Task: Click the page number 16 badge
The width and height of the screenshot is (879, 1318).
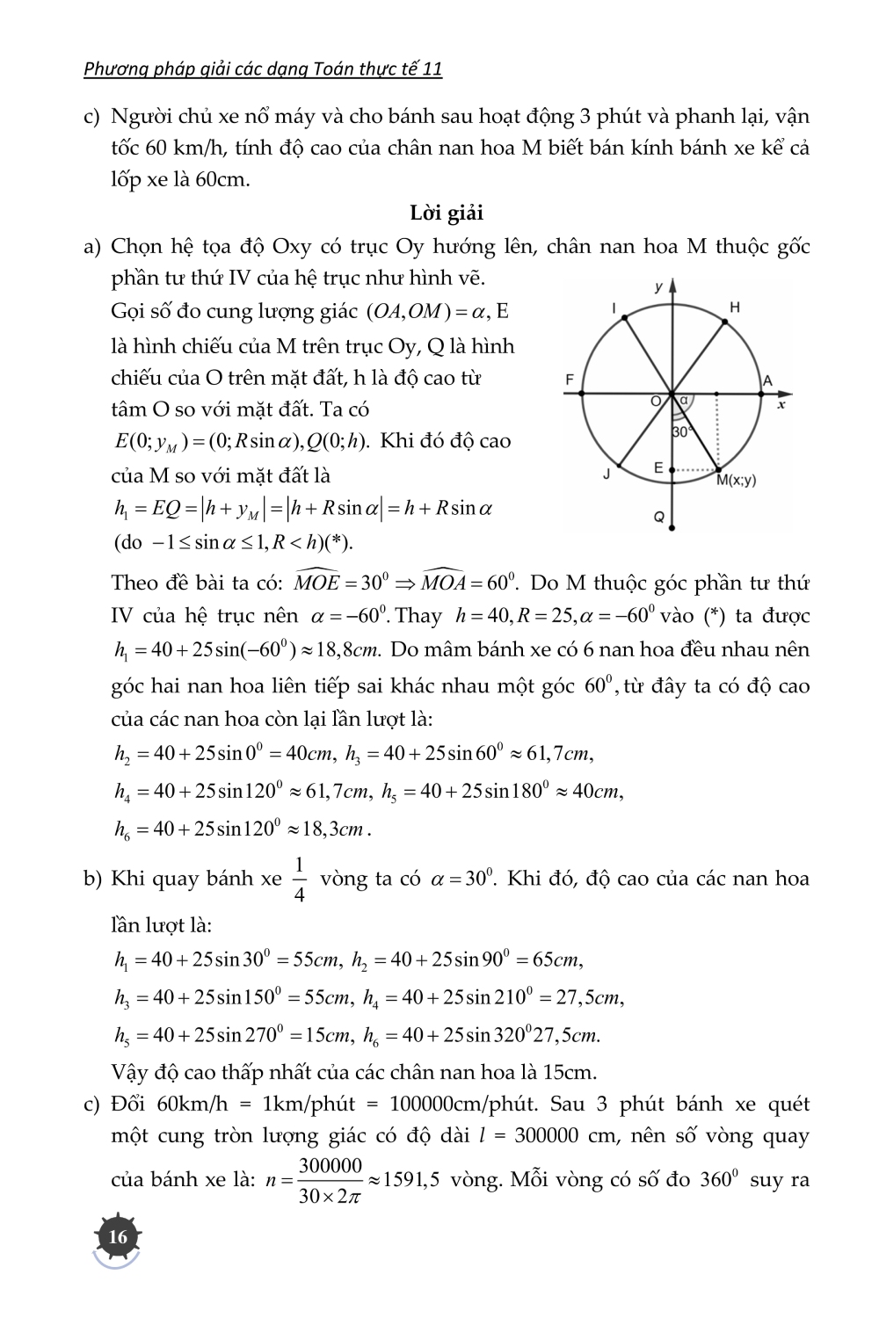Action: (117, 1236)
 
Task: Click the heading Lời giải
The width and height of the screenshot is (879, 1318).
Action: (447, 213)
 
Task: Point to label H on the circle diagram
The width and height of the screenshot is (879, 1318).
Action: (735, 307)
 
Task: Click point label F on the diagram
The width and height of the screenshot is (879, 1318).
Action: (569, 380)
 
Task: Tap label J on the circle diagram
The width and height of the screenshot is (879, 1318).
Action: (607, 474)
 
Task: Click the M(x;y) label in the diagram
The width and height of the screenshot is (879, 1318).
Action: (736, 481)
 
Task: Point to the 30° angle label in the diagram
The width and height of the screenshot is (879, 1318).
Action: (682, 432)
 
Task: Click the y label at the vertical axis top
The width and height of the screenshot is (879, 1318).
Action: (657, 286)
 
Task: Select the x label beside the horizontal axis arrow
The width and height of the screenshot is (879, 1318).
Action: (781, 405)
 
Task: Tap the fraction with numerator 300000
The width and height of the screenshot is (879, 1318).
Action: (331, 1179)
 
